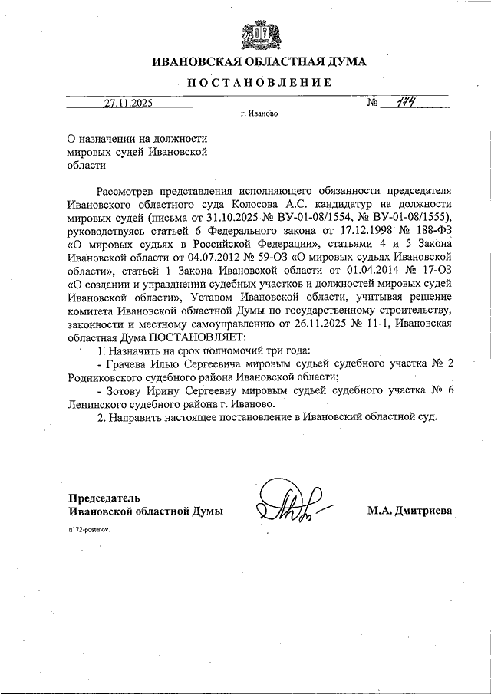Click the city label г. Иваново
tap(259, 113)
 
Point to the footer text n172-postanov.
tap(88, 530)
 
